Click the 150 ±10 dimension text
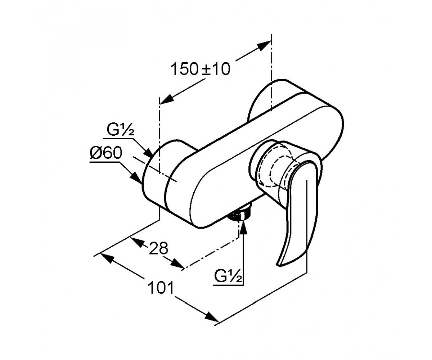coord(201,69)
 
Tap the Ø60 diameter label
coord(106,153)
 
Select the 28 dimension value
coord(158,248)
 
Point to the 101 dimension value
coord(161,288)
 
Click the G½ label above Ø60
coord(120,130)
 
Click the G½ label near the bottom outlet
coord(228,276)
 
